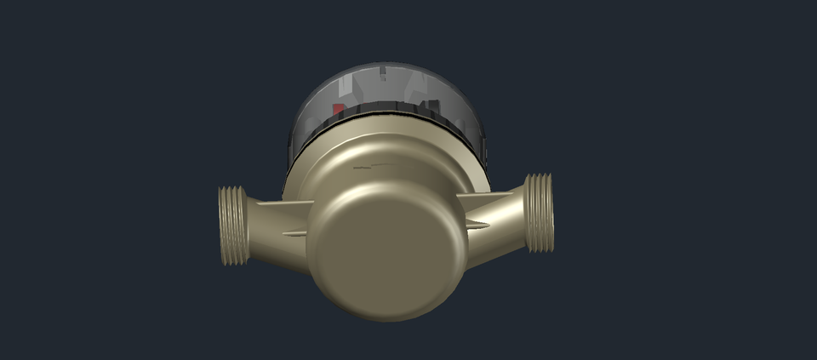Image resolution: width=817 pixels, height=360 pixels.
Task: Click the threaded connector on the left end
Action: coord(231,226)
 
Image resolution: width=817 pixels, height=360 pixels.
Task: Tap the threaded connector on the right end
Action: coord(540,213)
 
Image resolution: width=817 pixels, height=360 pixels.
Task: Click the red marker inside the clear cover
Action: coord(338,110)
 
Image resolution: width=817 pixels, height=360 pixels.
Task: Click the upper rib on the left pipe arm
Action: coord(272,204)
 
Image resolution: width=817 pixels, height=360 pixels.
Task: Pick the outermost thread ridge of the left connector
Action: coord(223,226)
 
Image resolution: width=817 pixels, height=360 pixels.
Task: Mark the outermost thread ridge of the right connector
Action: coord(548,213)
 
